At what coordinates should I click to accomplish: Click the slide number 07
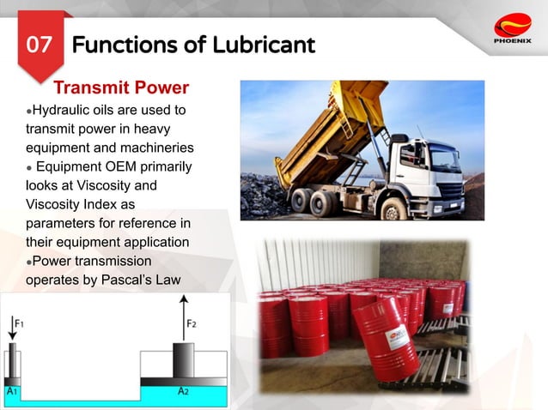point(40,44)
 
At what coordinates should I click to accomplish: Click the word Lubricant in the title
point(267,44)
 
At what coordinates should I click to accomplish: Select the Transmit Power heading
point(121,88)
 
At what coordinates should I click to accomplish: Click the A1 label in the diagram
point(12,391)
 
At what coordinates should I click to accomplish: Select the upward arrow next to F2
point(182,317)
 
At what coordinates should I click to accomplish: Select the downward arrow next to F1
point(11,328)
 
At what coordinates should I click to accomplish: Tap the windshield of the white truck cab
point(446,158)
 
